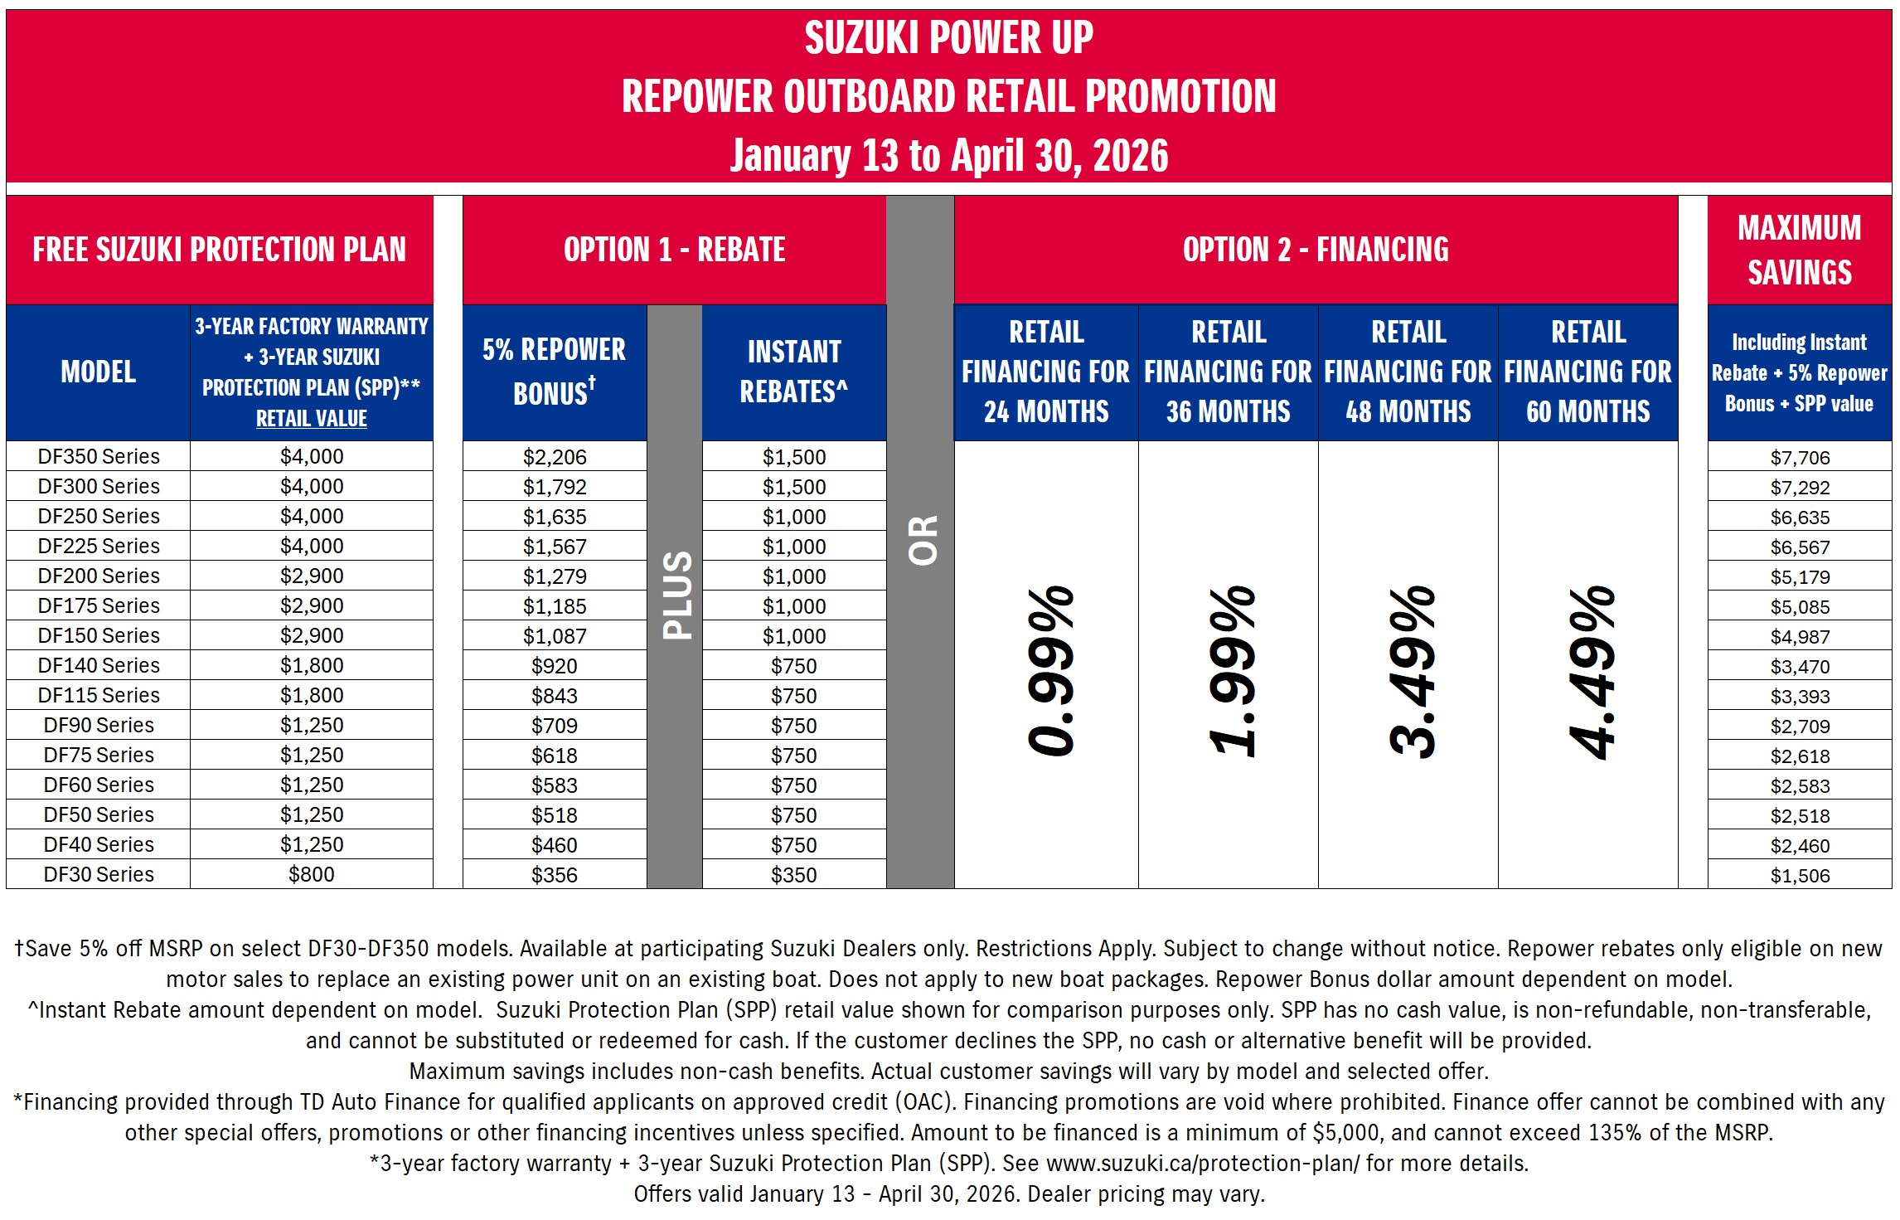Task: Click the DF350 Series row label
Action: point(99,456)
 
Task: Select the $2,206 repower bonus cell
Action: point(555,457)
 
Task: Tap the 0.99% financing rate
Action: point(1049,671)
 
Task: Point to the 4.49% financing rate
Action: point(1591,673)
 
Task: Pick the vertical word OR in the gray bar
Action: point(922,541)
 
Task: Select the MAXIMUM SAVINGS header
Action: point(1799,250)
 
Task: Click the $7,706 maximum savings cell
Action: point(1800,458)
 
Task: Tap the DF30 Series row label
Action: point(99,874)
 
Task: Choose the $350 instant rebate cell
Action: point(793,875)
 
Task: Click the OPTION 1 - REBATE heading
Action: point(674,250)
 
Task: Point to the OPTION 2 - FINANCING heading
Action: point(1316,250)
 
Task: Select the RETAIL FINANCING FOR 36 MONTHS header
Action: point(1228,372)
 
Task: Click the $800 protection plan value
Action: point(312,874)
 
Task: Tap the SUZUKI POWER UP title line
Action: point(948,38)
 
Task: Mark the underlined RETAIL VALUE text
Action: point(312,419)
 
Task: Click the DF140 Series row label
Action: point(99,665)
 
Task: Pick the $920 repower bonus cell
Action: point(555,666)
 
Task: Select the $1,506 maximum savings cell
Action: point(1800,876)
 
